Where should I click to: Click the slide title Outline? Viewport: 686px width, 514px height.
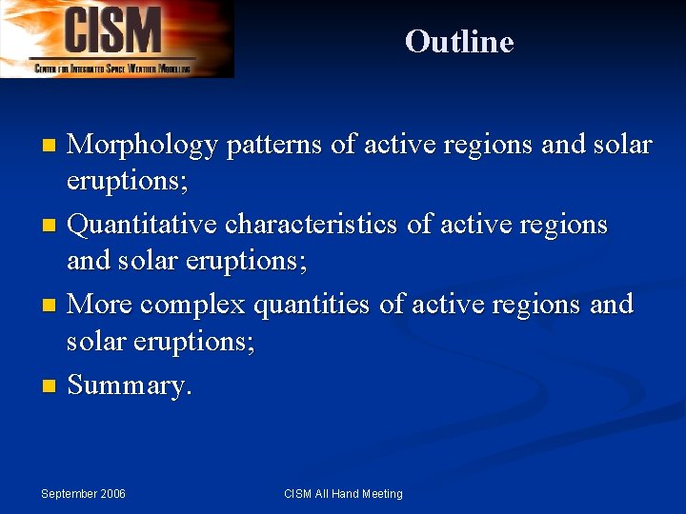tap(458, 42)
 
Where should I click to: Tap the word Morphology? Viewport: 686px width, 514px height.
tap(144, 146)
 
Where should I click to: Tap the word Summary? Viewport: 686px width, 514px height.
tap(130, 386)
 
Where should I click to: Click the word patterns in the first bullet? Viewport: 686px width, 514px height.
tap(273, 146)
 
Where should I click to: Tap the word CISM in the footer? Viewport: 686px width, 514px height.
tap(298, 494)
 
